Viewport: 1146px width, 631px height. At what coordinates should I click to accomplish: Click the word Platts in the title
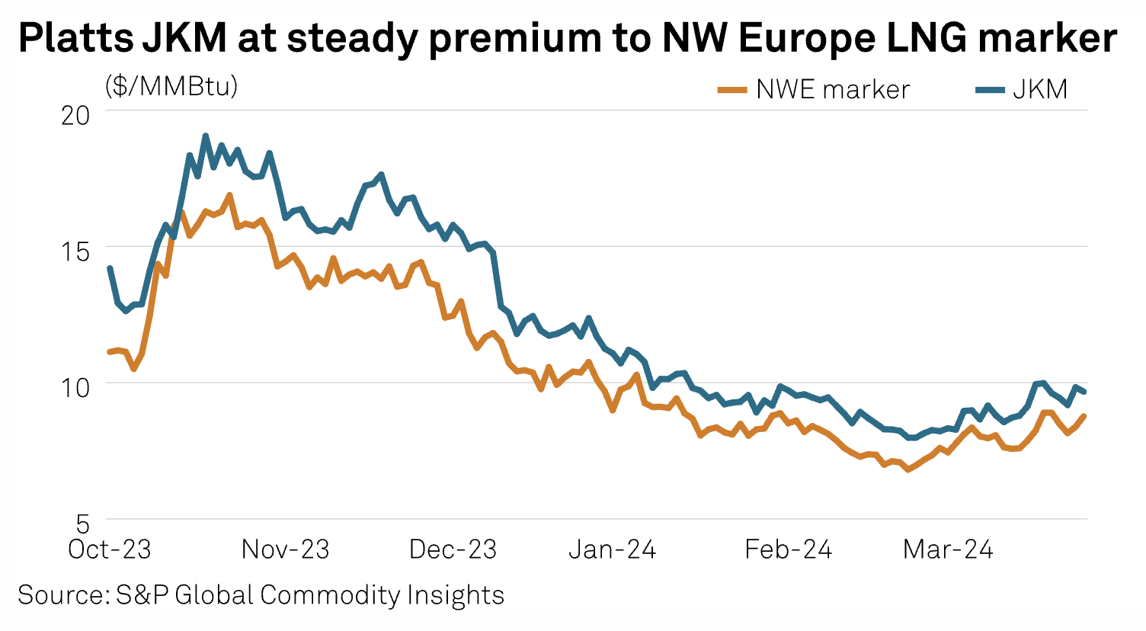tap(73, 38)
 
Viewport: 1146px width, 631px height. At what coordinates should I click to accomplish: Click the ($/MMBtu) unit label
tap(172, 86)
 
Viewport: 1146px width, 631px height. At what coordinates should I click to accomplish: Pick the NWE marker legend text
tap(833, 90)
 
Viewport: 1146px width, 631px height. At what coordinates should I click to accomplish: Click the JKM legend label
tap(1040, 90)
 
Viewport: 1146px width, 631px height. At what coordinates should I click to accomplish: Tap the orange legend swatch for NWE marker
tap(731, 91)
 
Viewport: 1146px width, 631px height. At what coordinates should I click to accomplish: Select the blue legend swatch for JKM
tap(989, 91)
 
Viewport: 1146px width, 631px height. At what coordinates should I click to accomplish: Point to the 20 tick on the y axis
tap(75, 115)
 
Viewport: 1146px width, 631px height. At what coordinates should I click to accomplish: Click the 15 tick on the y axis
tap(75, 250)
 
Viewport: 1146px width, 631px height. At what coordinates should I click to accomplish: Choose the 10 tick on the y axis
tap(75, 386)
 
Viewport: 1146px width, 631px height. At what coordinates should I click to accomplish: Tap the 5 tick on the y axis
tap(82, 524)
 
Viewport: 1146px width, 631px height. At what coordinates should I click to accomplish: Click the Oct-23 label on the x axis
tap(110, 549)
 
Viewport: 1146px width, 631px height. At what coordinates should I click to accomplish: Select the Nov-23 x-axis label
tap(285, 549)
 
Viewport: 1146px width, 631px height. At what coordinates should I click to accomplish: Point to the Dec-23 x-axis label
tap(453, 549)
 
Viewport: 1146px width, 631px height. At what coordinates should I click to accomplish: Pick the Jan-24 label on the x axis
tap(612, 549)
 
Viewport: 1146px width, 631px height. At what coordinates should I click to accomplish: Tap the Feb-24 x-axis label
tap(788, 549)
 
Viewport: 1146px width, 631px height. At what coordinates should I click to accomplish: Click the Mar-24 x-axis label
tap(948, 549)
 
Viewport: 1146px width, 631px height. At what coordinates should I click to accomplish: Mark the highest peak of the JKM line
tap(205, 136)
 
